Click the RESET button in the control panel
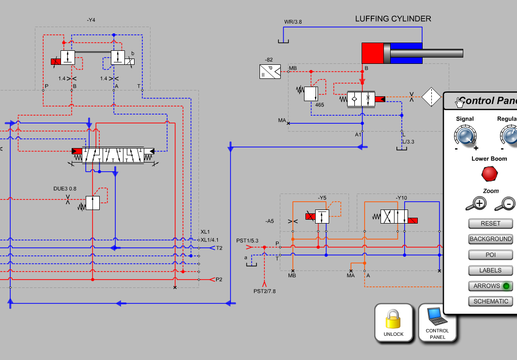[x=490, y=224]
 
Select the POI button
[x=490, y=255]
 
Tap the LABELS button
[x=490, y=270]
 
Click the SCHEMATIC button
[x=490, y=301]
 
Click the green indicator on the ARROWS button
[x=506, y=286]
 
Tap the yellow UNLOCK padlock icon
[x=394, y=319]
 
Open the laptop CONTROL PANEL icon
[x=437, y=317]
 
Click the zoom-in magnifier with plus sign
[x=476, y=204]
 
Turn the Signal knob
[x=465, y=136]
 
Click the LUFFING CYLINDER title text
[x=393, y=19]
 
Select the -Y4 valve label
[x=91, y=20]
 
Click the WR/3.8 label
[x=293, y=22]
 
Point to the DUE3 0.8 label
[x=65, y=189]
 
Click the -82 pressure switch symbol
[x=270, y=72]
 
